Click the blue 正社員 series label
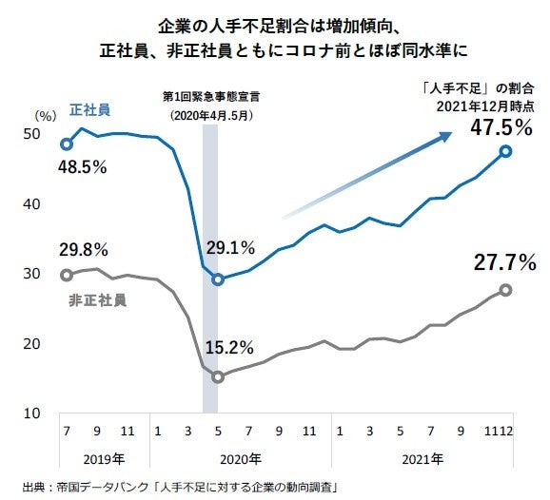click(90, 110)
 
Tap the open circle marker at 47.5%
click(505, 151)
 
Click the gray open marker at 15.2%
click(218, 377)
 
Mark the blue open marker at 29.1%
click(218, 279)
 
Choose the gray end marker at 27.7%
click(505, 290)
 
